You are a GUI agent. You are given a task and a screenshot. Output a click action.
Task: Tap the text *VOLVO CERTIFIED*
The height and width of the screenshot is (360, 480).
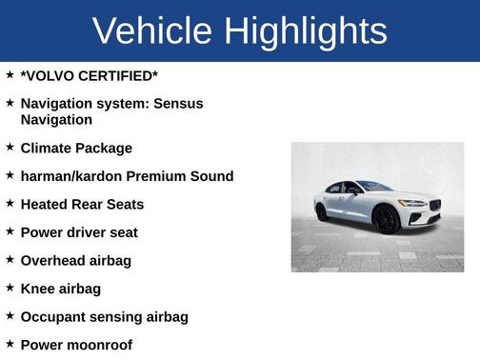[x=90, y=74]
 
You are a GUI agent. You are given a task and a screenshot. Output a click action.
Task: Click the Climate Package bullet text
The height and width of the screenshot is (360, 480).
[x=76, y=149]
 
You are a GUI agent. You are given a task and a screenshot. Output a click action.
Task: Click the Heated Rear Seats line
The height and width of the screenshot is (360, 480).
[x=82, y=204]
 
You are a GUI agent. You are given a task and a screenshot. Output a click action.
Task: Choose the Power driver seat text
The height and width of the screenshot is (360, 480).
[x=79, y=232]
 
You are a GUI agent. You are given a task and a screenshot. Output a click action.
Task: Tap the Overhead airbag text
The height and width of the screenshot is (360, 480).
[x=75, y=260]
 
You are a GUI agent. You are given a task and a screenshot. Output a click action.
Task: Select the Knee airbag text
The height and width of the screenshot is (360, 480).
[x=60, y=289]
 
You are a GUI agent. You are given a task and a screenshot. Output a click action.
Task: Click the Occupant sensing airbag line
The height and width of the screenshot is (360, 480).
[x=104, y=316]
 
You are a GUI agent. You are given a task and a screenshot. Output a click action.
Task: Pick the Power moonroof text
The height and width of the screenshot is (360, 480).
[x=76, y=345]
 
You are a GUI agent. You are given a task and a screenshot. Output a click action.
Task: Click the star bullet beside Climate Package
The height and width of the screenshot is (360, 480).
[x=10, y=148]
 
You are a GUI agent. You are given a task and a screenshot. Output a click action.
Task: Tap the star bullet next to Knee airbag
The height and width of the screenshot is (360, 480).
[x=10, y=288]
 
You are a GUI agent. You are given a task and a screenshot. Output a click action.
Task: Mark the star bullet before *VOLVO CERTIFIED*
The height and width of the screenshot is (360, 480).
[x=10, y=73]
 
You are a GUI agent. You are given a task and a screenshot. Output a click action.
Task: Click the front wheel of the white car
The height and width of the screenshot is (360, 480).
[x=388, y=221]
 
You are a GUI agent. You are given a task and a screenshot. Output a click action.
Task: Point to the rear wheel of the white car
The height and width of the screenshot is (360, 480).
[x=322, y=211]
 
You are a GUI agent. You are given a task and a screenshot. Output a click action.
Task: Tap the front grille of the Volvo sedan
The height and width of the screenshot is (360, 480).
[x=434, y=207]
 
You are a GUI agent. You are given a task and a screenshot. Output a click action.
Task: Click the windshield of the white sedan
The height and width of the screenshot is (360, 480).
[x=374, y=187]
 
